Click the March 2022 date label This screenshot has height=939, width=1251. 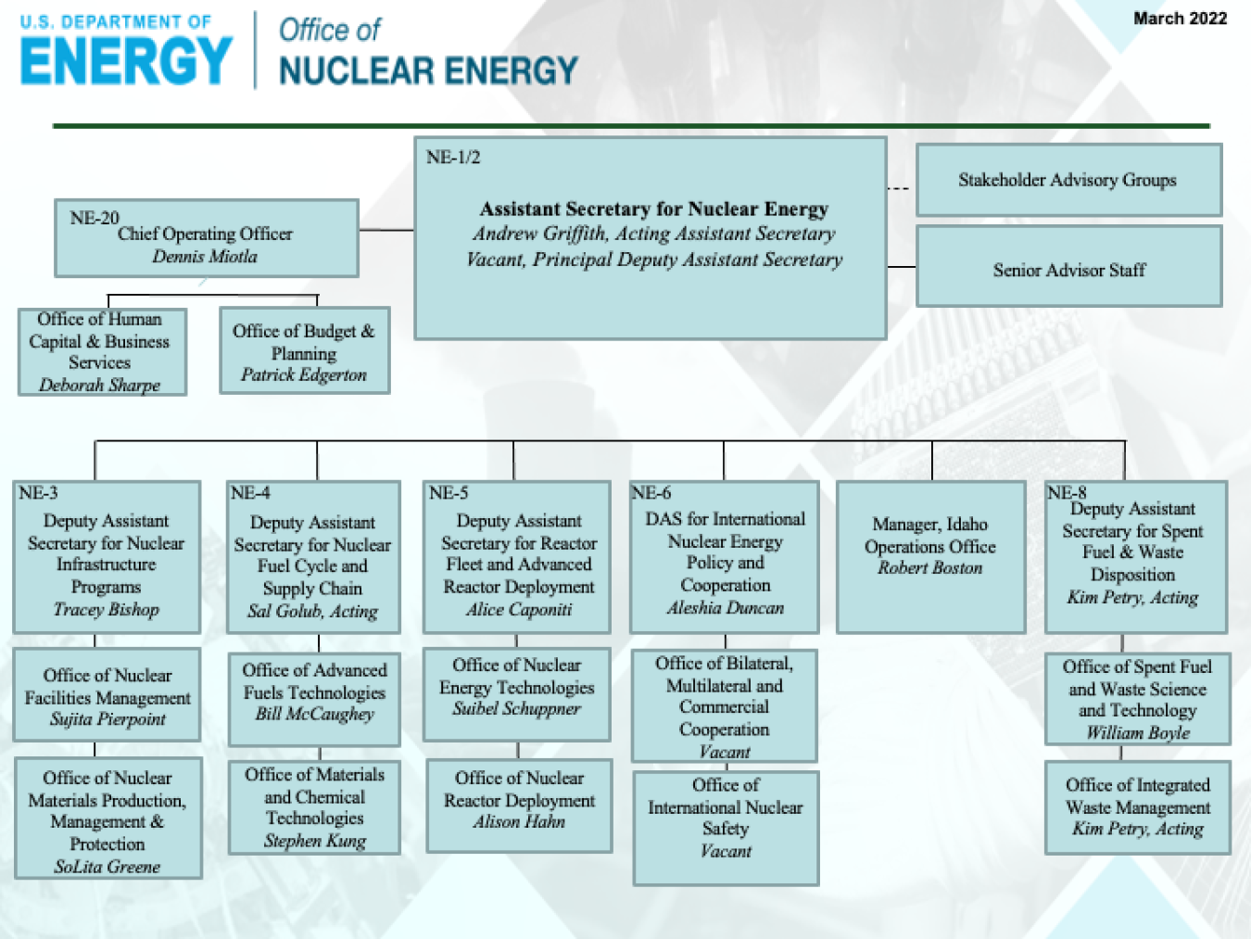(1180, 19)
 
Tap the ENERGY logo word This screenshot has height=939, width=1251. (126, 61)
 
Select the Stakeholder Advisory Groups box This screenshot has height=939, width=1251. (1068, 180)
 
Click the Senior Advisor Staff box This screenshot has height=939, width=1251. (1068, 270)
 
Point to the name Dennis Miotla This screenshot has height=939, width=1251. (205, 257)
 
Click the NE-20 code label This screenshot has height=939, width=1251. (95, 218)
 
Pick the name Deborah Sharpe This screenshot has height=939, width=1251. (100, 385)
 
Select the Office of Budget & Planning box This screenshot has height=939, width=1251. (304, 351)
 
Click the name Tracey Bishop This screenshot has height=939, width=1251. (107, 609)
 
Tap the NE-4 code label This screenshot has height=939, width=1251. (250, 493)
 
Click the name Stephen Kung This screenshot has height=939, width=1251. (315, 841)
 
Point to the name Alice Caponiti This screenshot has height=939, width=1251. (519, 609)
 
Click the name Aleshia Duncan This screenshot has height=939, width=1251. (726, 608)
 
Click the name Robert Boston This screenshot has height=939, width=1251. (930, 568)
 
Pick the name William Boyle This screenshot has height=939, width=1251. (1138, 732)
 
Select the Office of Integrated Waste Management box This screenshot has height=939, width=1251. (1138, 806)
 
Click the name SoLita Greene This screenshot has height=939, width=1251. (107, 867)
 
